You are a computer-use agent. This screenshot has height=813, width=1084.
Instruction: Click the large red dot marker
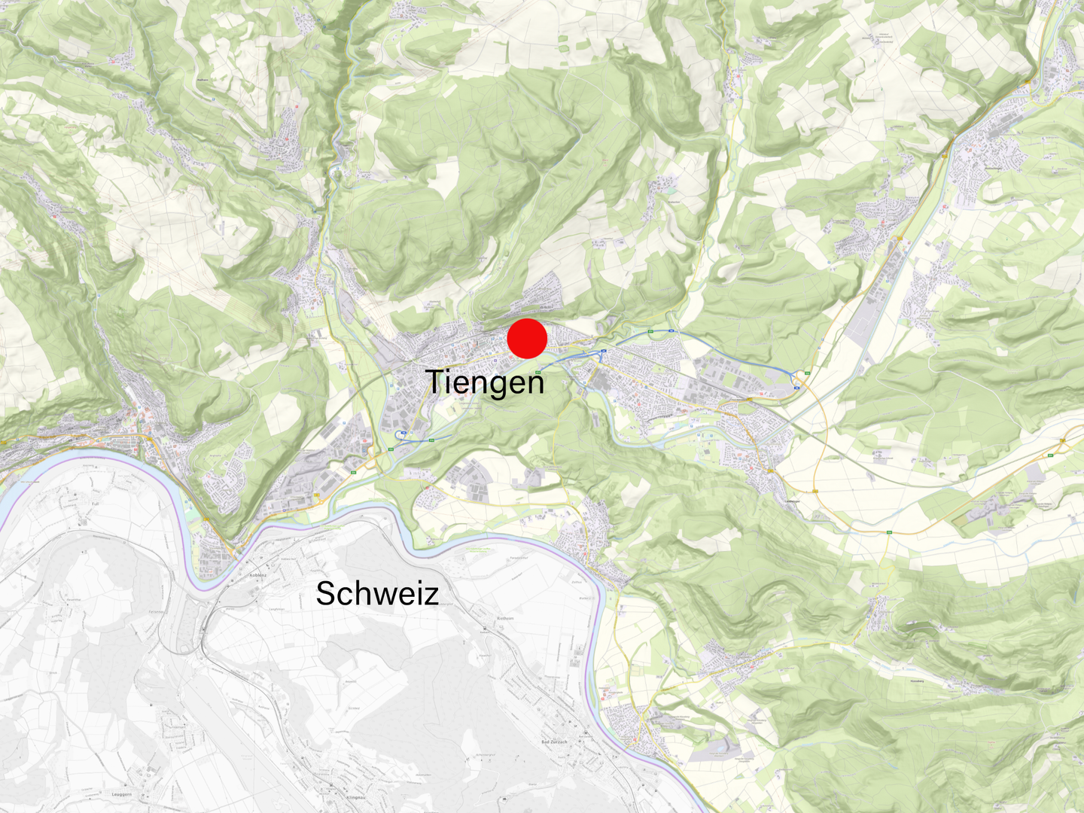(x=527, y=338)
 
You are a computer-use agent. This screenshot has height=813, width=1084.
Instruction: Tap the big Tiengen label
(x=485, y=382)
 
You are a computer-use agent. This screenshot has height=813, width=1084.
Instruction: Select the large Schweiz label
(x=377, y=594)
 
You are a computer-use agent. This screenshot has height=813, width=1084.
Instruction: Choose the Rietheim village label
(x=505, y=618)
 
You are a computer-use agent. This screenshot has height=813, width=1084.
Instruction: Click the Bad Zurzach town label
(x=555, y=741)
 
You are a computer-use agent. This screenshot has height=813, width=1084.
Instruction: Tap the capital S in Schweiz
(x=325, y=594)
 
